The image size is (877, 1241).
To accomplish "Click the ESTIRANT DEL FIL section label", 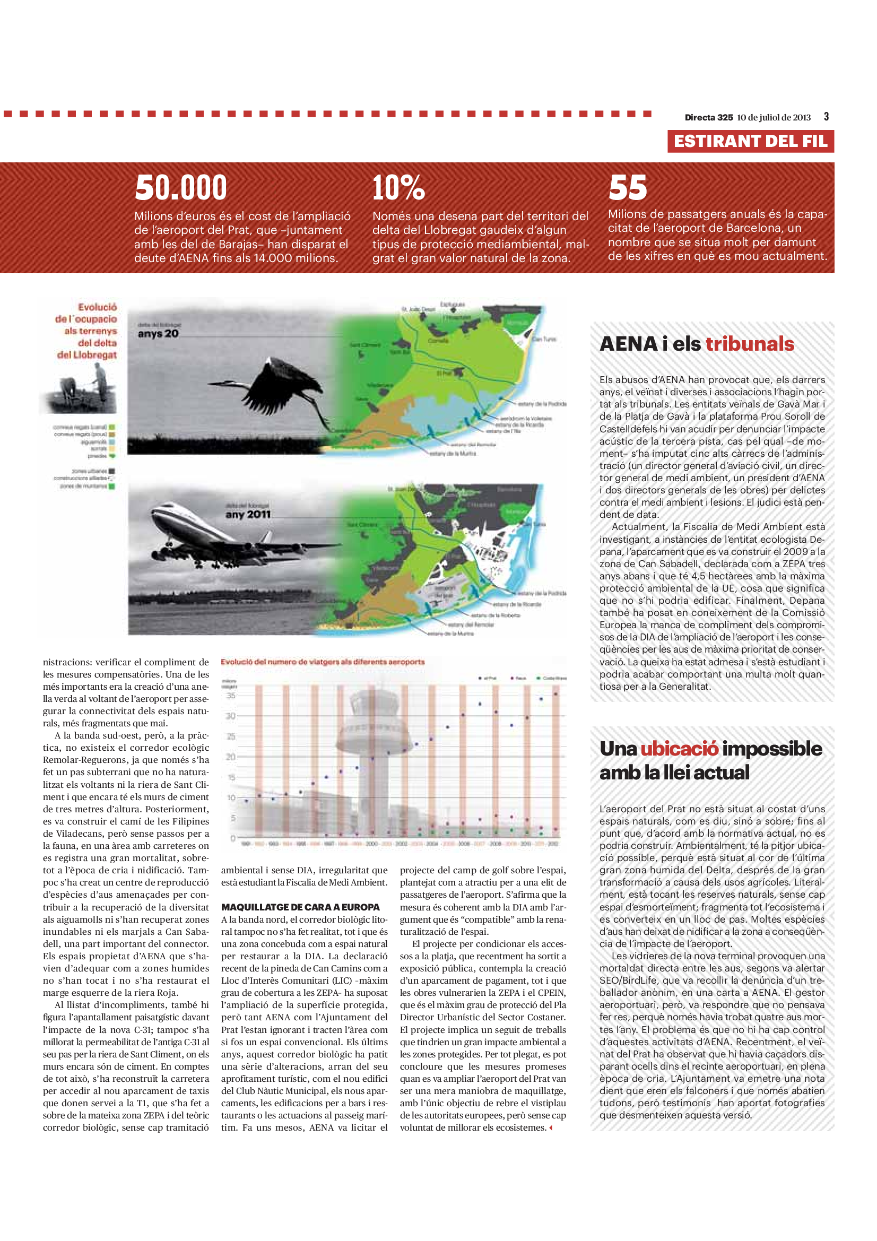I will click(750, 142).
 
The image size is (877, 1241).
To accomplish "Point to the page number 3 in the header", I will click(826, 117).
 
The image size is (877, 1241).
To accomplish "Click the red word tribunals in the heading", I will click(750, 344).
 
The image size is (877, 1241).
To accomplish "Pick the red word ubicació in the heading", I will click(679, 749).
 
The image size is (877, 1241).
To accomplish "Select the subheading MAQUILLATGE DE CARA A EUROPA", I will click(300, 907).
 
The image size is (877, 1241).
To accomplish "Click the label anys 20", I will click(158, 334).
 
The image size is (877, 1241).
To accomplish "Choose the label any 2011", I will click(247, 515).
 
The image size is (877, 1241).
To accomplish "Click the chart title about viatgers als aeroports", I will click(323, 662).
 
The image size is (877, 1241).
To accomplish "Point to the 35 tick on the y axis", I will click(231, 696).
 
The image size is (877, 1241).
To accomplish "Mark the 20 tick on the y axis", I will click(231, 757).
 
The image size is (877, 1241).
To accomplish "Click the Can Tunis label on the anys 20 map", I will click(544, 340).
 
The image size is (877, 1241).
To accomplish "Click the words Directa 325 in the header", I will click(708, 117).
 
